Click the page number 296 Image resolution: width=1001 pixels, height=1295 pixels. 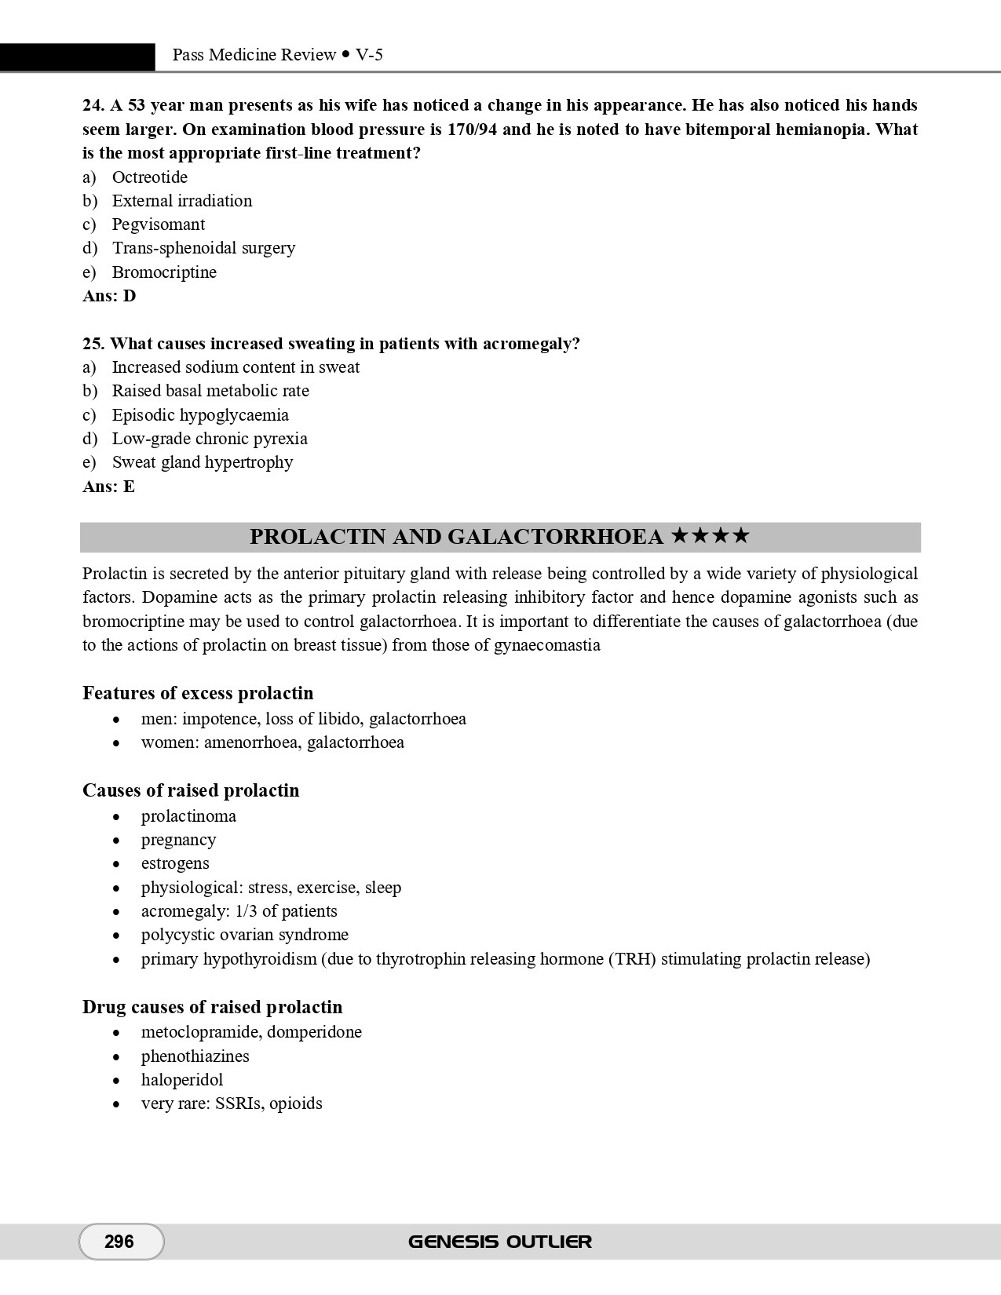(119, 1241)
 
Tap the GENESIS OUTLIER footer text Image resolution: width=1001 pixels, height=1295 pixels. (499, 1242)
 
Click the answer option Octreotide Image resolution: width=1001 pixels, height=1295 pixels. (149, 177)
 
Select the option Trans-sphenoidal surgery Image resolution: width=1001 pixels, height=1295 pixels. (203, 248)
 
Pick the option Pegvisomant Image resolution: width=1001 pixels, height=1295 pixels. (158, 224)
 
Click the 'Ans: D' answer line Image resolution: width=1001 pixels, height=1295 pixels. (109, 296)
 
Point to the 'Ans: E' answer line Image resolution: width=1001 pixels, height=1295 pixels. (108, 487)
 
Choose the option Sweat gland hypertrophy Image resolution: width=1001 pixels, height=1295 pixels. (202, 462)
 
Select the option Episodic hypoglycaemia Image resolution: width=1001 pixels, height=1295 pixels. (200, 415)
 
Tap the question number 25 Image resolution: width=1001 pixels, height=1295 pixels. (93, 344)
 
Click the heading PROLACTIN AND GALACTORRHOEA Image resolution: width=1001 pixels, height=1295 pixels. (456, 537)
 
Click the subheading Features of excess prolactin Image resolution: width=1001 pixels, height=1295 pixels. (198, 693)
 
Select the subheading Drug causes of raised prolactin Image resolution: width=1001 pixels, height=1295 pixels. (212, 1007)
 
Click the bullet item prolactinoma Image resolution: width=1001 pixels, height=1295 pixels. (188, 816)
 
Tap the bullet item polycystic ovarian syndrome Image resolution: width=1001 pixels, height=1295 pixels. (244, 935)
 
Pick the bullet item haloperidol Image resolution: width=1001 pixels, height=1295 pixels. (182, 1080)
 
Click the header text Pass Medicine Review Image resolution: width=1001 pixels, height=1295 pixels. (254, 55)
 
